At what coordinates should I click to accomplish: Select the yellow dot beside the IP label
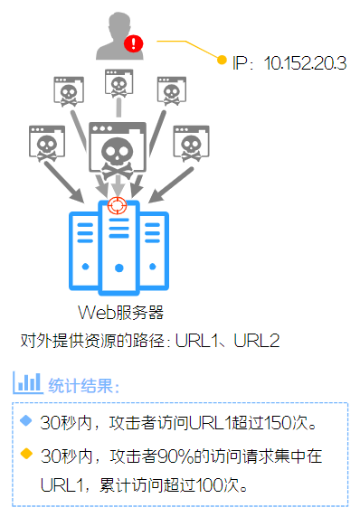click(x=222, y=61)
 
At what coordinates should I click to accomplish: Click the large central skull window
click(x=118, y=153)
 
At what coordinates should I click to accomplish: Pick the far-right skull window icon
click(x=191, y=143)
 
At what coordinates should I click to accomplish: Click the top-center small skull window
click(x=118, y=87)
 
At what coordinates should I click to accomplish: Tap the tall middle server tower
click(x=117, y=249)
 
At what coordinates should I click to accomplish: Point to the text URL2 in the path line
click(x=259, y=341)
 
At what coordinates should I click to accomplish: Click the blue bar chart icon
click(x=27, y=382)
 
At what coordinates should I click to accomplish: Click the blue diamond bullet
click(x=25, y=420)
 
